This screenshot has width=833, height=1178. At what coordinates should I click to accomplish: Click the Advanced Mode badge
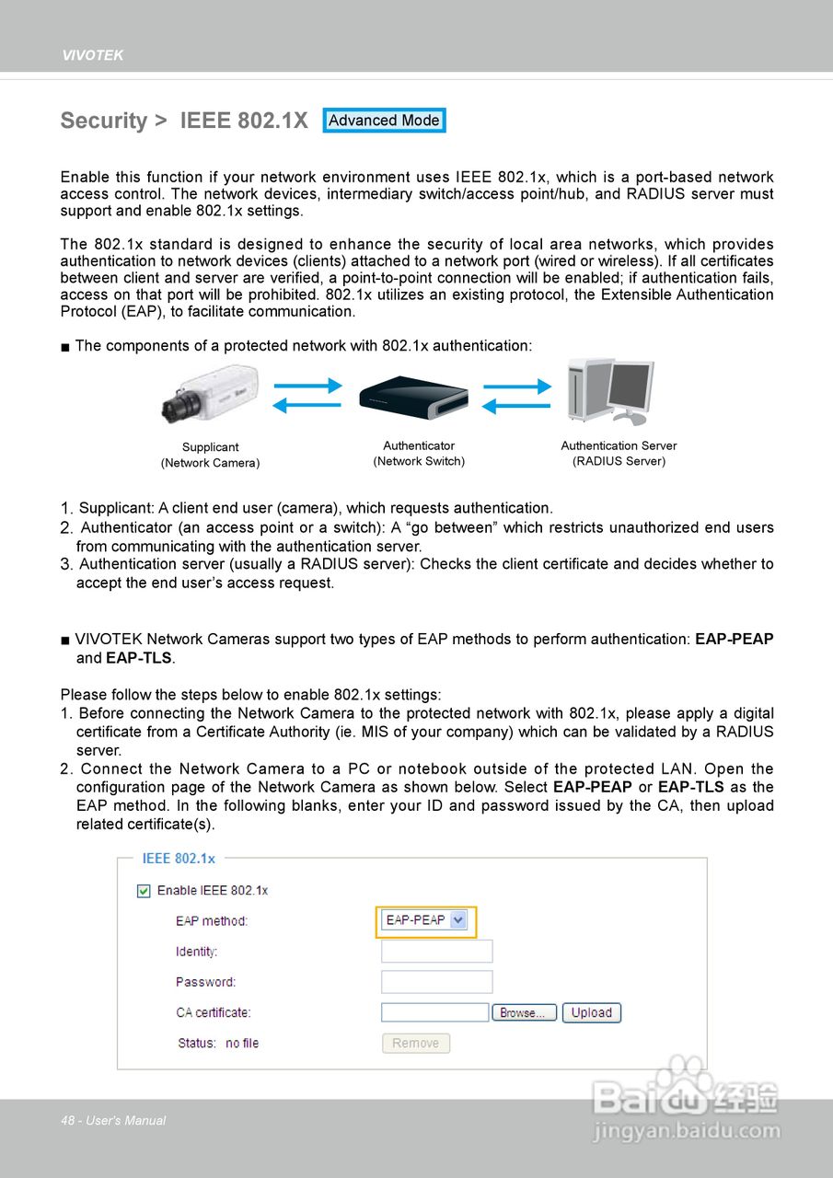pos(384,121)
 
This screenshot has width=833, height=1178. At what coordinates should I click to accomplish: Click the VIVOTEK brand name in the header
pos(92,55)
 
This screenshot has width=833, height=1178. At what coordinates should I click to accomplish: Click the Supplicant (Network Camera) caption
pos(210,455)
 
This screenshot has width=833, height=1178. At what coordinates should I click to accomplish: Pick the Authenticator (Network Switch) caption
pos(419,453)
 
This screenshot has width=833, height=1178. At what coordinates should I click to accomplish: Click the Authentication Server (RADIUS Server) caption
pos(619,453)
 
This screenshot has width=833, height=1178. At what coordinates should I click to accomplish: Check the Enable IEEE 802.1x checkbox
pos(144,890)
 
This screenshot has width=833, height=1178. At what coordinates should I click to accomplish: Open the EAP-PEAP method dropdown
pos(425,920)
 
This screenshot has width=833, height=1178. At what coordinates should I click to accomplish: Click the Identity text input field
pos(436,952)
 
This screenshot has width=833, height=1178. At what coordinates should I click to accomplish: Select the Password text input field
pos(436,982)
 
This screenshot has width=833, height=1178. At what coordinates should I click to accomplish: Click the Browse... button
pos(524,1013)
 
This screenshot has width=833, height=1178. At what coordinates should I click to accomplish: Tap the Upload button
pos(592,1012)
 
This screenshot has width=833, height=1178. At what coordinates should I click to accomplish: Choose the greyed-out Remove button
pos(415,1043)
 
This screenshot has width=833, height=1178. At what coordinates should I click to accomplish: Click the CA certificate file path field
pos(434,1012)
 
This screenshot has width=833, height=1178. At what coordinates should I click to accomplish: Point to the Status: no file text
pos(219,1043)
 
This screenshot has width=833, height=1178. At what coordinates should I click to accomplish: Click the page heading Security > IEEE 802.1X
pos(184,121)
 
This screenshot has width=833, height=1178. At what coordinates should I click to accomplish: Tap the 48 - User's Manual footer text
pos(113,1120)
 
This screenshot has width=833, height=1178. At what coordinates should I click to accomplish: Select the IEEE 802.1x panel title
pos(179,858)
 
